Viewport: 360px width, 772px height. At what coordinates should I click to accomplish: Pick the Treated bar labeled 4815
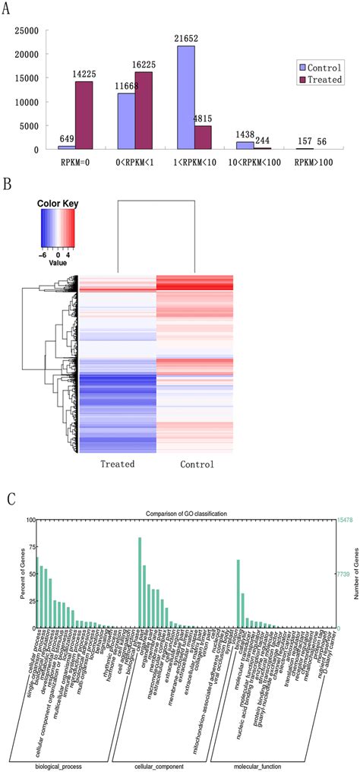(204, 138)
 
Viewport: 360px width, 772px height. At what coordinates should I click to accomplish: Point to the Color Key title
(58, 204)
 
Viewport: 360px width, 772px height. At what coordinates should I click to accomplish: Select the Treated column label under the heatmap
(118, 464)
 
